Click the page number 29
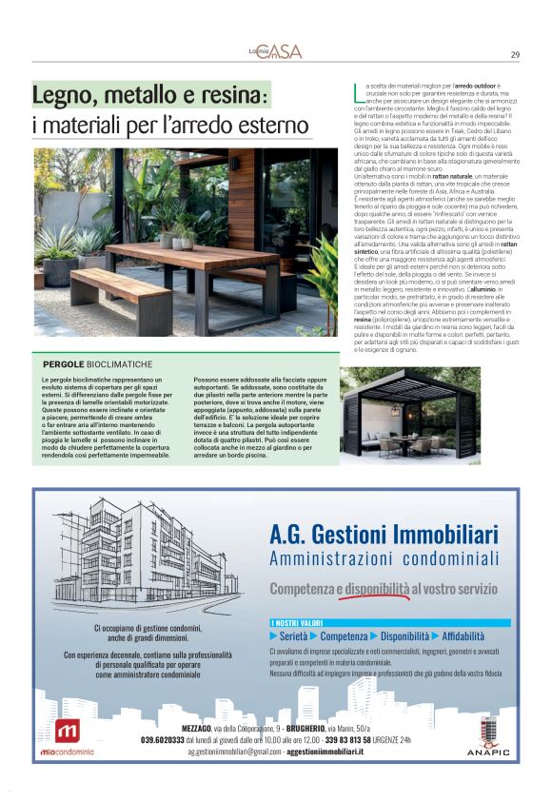515,54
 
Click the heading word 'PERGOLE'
64,364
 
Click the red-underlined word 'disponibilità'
377,589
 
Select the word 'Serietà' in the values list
294,635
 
